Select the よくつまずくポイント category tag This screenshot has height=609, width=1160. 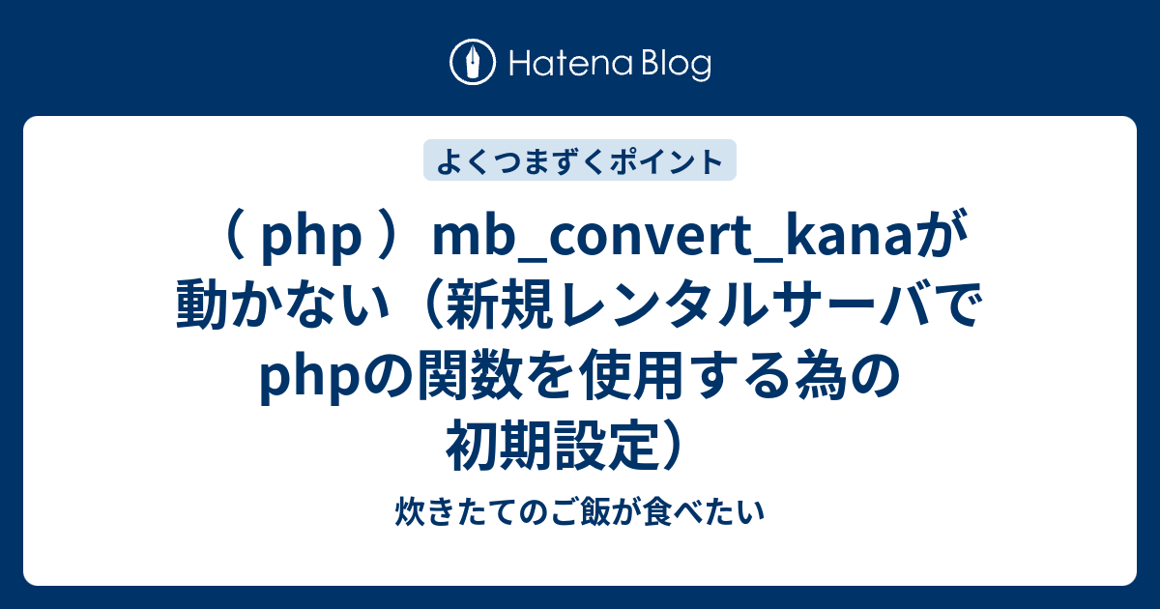(580, 161)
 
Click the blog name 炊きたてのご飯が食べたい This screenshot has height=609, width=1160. (580, 512)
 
